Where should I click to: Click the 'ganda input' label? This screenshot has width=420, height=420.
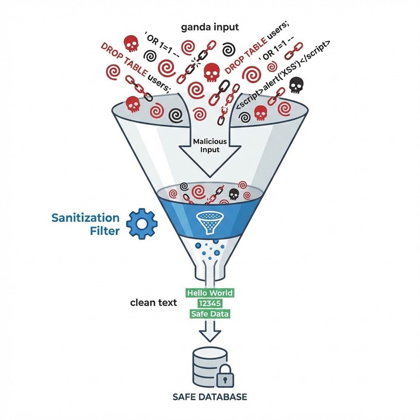click(x=210, y=27)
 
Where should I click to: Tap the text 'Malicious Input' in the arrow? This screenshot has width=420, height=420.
click(x=210, y=145)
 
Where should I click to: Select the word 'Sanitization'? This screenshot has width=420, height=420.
click(x=85, y=218)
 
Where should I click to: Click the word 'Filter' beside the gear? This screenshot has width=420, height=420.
click(x=105, y=231)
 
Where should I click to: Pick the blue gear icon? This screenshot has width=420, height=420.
click(x=141, y=224)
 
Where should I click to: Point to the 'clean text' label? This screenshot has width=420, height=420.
click(x=153, y=303)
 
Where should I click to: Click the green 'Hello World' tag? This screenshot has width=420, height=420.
click(x=210, y=293)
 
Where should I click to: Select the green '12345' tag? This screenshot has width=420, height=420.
click(x=210, y=304)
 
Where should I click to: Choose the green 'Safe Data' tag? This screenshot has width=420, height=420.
click(x=210, y=314)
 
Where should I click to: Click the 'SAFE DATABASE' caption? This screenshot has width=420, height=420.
click(x=210, y=397)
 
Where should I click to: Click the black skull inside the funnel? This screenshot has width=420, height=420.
click(x=234, y=194)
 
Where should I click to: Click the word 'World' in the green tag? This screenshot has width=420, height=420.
click(x=220, y=293)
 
